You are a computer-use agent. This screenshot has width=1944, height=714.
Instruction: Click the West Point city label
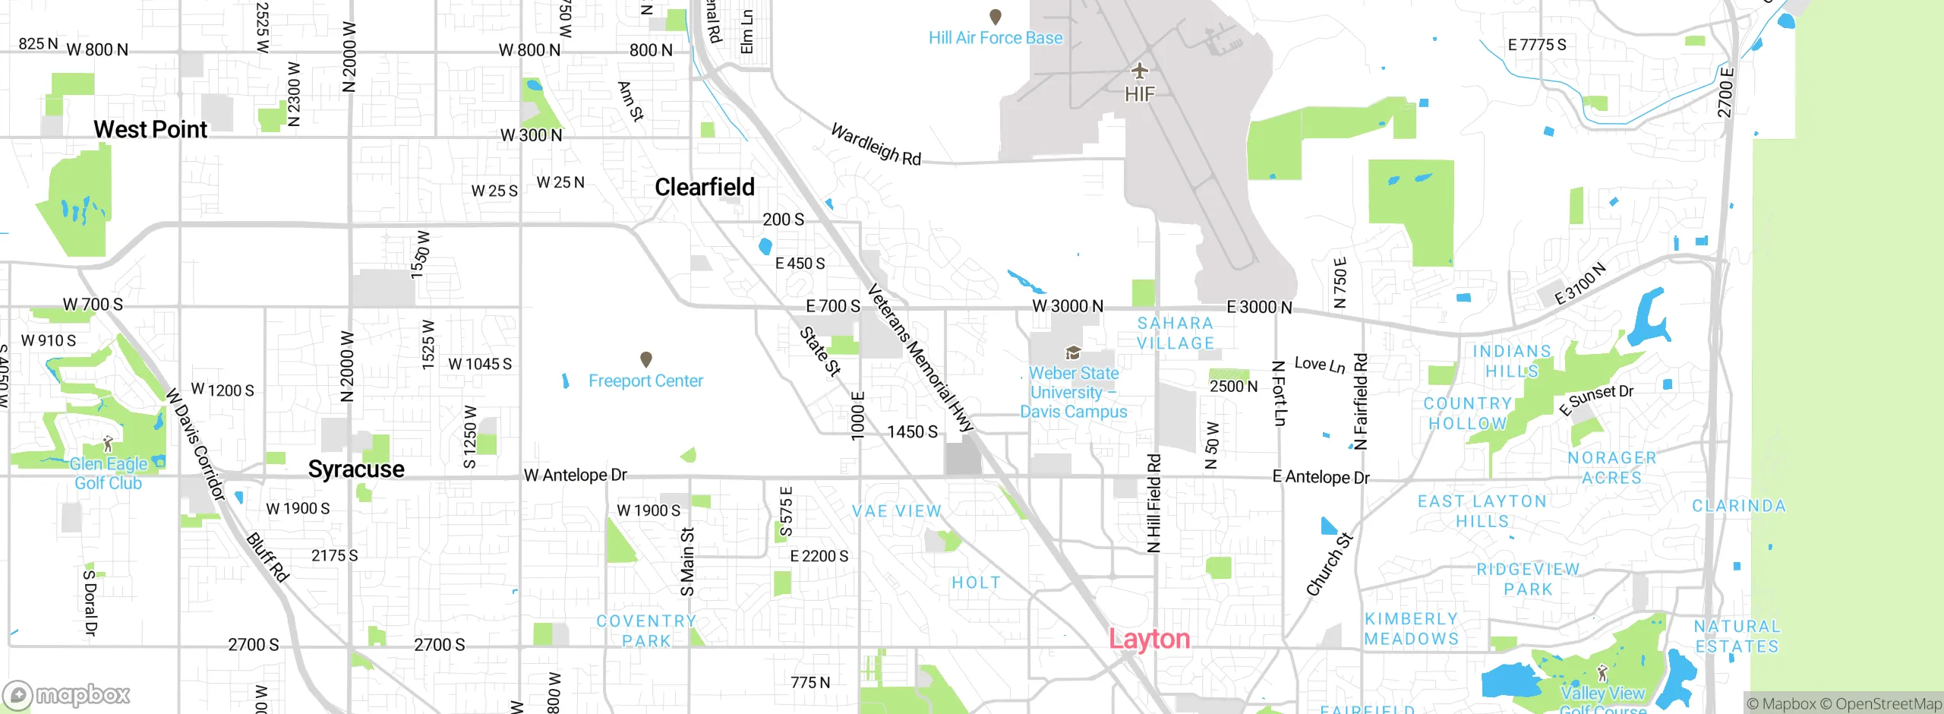150,130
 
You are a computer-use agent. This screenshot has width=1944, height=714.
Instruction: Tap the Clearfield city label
705,187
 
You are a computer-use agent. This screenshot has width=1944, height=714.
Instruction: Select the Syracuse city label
356,469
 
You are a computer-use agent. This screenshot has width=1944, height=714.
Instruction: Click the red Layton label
1149,639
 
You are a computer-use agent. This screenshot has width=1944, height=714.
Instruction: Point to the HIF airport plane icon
1139,71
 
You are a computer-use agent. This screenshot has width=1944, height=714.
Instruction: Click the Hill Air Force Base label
995,38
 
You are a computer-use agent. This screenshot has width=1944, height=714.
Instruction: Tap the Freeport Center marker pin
646,359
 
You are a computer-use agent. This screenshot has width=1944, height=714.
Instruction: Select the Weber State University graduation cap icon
1073,353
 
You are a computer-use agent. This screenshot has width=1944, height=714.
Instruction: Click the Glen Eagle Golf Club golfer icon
108,444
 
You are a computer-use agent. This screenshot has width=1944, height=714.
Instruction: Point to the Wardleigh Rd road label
876,144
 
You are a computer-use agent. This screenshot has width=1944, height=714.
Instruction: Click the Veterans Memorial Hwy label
920,359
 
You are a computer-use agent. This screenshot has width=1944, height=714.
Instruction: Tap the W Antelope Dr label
576,475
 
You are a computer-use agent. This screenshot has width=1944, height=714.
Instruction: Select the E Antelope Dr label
1321,477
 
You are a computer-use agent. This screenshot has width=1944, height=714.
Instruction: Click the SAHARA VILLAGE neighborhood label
1176,333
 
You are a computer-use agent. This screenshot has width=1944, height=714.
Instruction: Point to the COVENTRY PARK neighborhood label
646,631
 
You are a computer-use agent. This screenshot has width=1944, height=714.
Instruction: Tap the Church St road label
1329,564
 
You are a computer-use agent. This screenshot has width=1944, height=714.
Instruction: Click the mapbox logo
67,694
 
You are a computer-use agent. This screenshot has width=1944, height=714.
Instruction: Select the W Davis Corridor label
196,444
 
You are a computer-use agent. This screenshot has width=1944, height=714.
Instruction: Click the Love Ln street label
1320,365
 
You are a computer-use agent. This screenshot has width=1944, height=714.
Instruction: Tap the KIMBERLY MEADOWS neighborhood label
1412,629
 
